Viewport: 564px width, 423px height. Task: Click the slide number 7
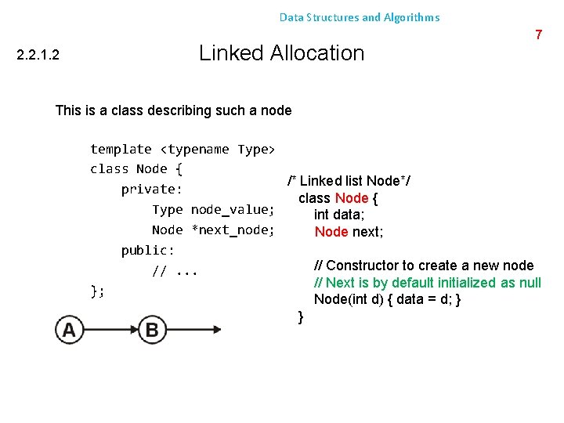[x=538, y=34]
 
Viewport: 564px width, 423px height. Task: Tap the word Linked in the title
[x=231, y=53]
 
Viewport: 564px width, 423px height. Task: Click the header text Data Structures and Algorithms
[x=360, y=17]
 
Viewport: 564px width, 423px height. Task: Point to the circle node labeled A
[x=69, y=330]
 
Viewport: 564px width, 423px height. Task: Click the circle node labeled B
[x=151, y=330]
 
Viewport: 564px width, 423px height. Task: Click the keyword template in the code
[x=121, y=149]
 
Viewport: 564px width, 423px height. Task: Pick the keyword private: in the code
[x=151, y=190]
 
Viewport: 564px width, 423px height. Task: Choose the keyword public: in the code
[x=148, y=251]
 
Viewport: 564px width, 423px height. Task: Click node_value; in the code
[x=233, y=210]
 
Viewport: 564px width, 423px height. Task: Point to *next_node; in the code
[x=233, y=230]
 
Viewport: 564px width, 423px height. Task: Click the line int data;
[x=340, y=215]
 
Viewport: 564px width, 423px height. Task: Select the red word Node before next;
[x=331, y=232]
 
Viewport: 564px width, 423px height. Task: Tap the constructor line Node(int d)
[x=387, y=299]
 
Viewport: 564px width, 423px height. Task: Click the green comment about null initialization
[x=427, y=282]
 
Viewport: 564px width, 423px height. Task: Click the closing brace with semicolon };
[x=97, y=291]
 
